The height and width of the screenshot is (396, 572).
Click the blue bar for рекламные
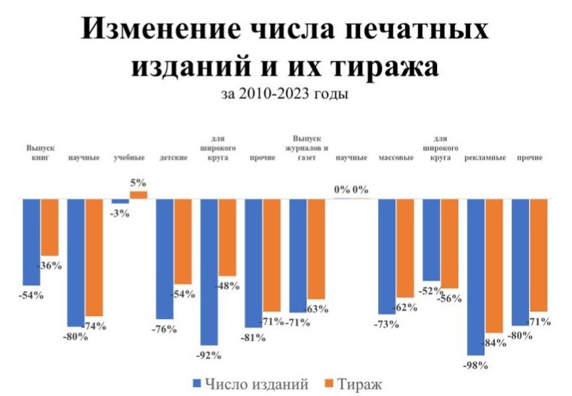[x=475, y=276]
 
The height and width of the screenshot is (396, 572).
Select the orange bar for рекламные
[x=494, y=266]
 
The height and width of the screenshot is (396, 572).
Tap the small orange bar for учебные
[x=138, y=195]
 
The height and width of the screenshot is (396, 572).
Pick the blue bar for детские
[x=165, y=259]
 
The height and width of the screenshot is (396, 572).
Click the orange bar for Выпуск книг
[x=49, y=227]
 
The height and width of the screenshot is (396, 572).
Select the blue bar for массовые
[x=386, y=256]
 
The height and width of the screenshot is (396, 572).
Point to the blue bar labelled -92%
[x=209, y=272]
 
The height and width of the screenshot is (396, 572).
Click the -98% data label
[x=476, y=365]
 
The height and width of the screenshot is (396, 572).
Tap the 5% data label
[x=138, y=183]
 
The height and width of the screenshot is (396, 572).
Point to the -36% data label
[x=49, y=266]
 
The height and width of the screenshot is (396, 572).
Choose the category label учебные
[x=128, y=158]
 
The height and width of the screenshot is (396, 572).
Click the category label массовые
[x=395, y=158]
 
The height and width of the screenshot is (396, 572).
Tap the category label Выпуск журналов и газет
[x=307, y=149]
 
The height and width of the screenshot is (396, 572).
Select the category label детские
[x=174, y=158]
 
